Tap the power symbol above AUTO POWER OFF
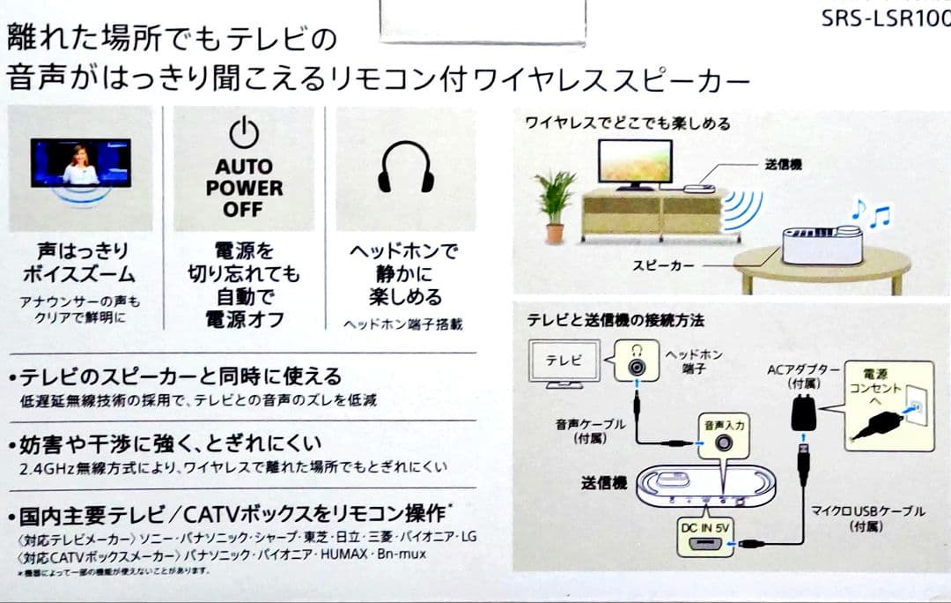coord(244,133)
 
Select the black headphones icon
coord(406,167)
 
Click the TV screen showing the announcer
coord(80,162)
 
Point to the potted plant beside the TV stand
coord(555,203)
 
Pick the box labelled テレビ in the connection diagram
coord(564,362)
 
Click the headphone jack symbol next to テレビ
coord(636,361)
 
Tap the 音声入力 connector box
coord(724,435)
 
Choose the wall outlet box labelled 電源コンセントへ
coord(888,401)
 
